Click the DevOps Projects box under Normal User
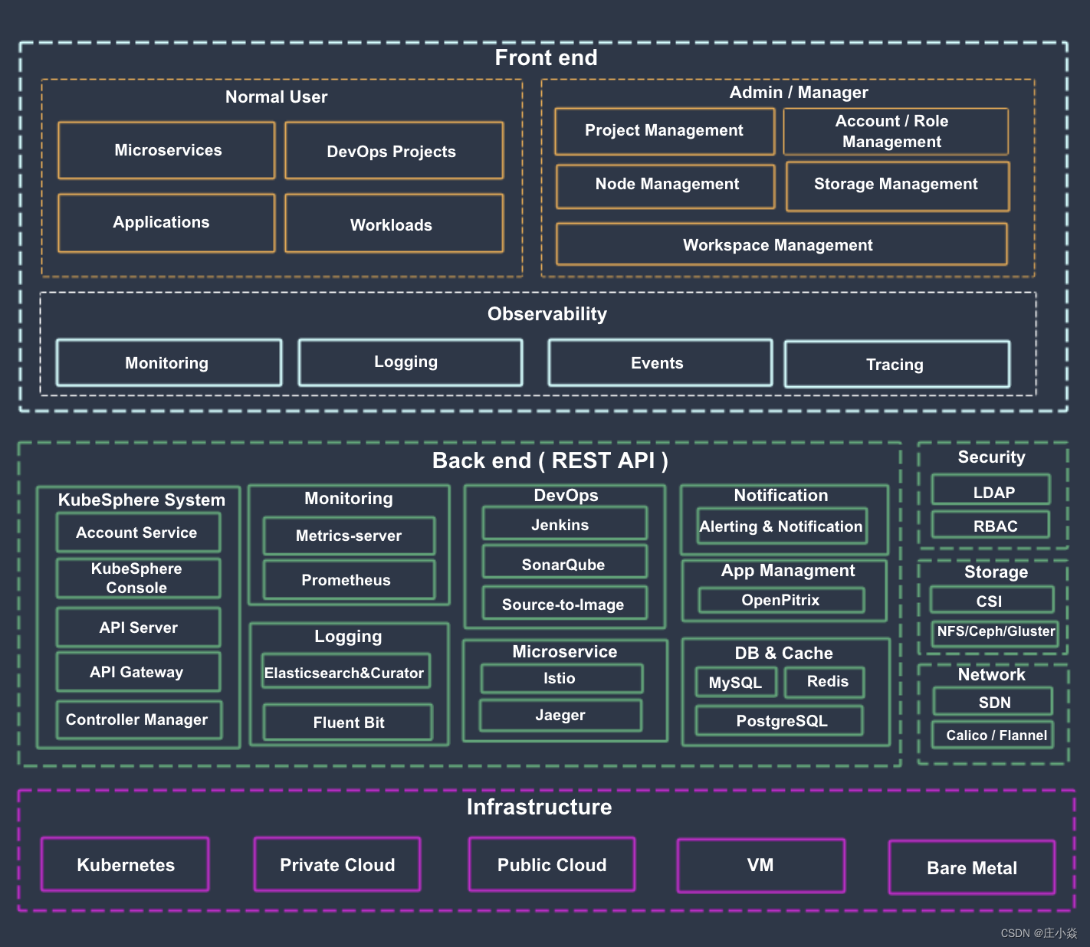click(x=393, y=151)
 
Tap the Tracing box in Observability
click(x=896, y=365)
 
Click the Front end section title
click(x=546, y=58)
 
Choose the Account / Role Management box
click(x=895, y=132)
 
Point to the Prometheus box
click(x=348, y=580)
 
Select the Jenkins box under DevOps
click(x=563, y=525)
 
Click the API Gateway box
click(x=138, y=672)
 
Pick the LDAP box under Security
click(x=992, y=492)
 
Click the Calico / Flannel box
click(x=993, y=736)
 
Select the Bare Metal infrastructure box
click(x=971, y=868)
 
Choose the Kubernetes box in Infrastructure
click(x=125, y=865)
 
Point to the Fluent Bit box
click(x=348, y=723)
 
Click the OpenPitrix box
click(x=781, y=601)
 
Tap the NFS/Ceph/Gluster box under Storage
click(x=995, y=632)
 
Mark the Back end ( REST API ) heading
click(x=550, y=461)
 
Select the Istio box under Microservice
click(x=561, y=679)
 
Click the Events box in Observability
click(x=659, y=363)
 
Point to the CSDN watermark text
click(x=1038, y=933)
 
